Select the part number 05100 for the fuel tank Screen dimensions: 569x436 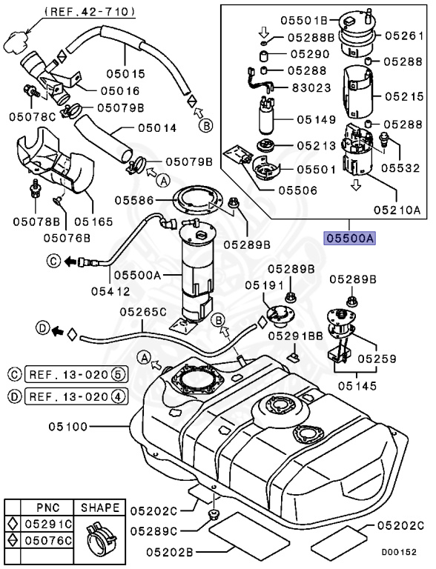(x=70, y=427)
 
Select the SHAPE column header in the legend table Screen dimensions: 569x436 (x=100, y=508)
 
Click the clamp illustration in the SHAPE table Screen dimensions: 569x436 (x=100, y=533)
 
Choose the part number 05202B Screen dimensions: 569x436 (x=169, y=551)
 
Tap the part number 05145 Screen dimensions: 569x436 (x=358, y=386)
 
